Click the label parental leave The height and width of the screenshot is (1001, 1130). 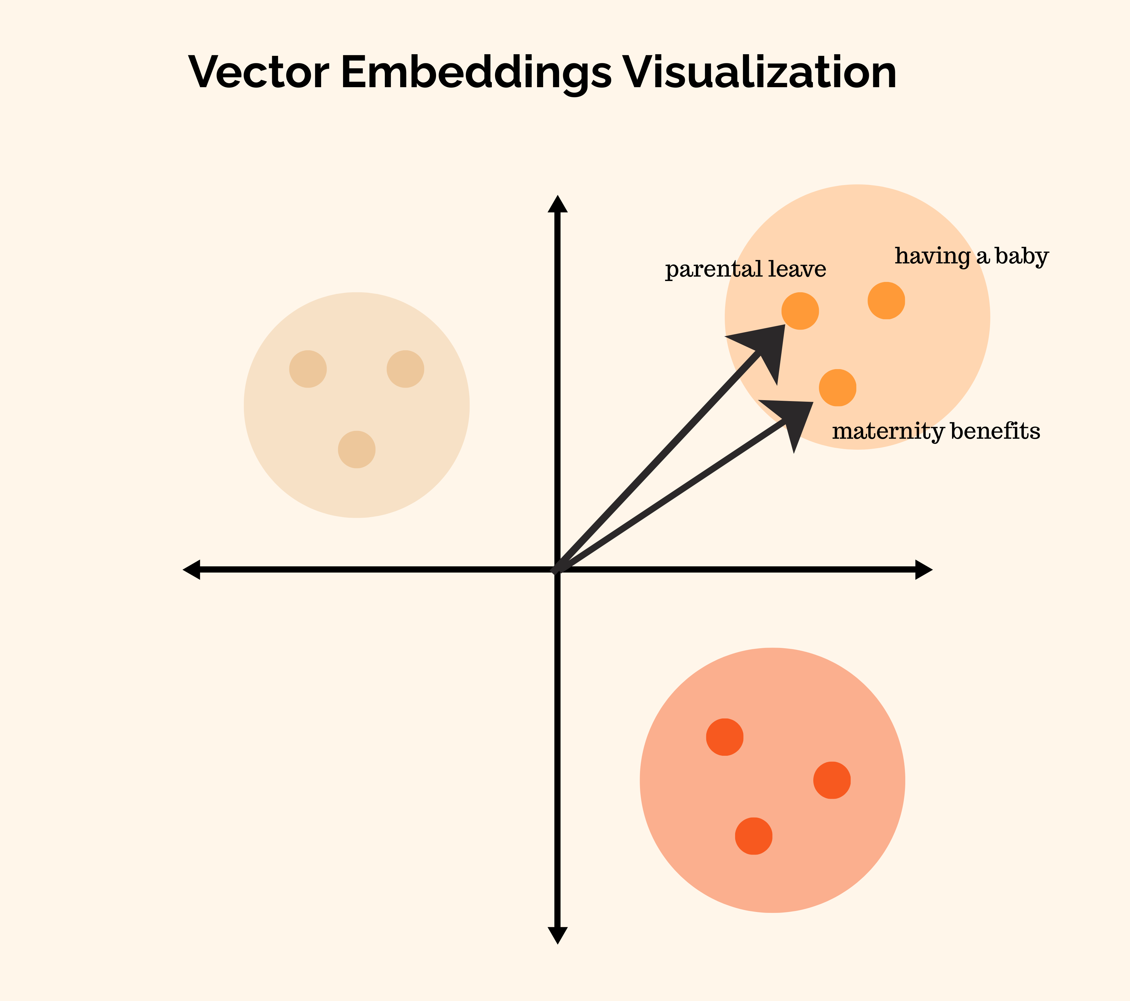(745, 270)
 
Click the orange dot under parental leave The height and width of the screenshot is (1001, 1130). (800, 311)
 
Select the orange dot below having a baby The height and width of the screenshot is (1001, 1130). (886, 300)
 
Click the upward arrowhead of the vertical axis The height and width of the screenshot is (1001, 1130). (557, 204)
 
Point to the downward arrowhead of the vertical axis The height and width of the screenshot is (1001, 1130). (557, 935)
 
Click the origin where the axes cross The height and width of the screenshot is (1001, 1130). (557, 569)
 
